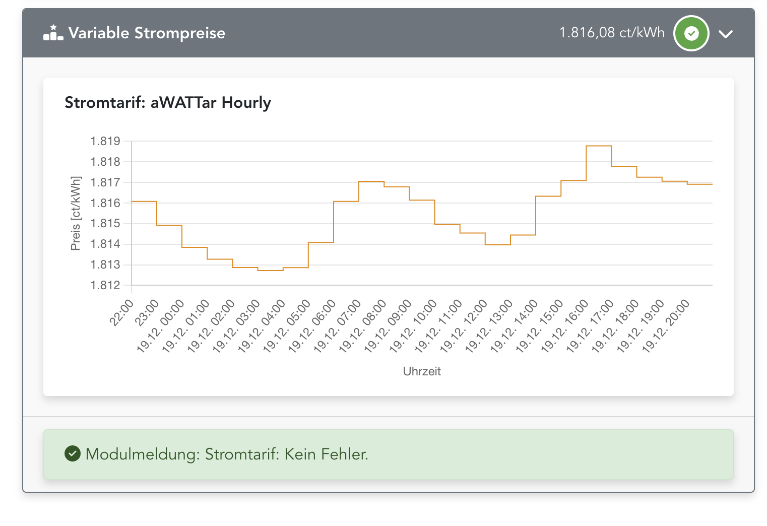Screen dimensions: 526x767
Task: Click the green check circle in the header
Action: pos(691,34)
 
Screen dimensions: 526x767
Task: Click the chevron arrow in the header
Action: pos(726,34)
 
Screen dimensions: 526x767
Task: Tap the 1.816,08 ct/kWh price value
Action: pos(612,33)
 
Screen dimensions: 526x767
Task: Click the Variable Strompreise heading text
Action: pos(147,33)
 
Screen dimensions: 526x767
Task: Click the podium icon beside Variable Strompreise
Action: pos(53,33)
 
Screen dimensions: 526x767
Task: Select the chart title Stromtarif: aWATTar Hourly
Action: pos(168,102)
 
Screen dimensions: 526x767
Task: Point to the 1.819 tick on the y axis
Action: pos(105,141)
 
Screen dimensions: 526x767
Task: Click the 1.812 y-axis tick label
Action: pos(105,285)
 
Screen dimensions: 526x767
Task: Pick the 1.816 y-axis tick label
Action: pos(105,203)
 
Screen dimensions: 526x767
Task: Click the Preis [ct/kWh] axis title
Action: pos(76,213)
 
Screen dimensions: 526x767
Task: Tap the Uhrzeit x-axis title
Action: pos(422,371)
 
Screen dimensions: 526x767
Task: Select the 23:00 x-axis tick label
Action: pos(147,312)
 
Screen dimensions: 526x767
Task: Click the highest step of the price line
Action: pos(599,146)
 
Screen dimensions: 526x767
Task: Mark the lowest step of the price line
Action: pos(270,271)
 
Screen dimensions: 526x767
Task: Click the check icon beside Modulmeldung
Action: pos(73,453)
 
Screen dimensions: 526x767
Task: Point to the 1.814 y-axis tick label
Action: pos(105,244)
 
